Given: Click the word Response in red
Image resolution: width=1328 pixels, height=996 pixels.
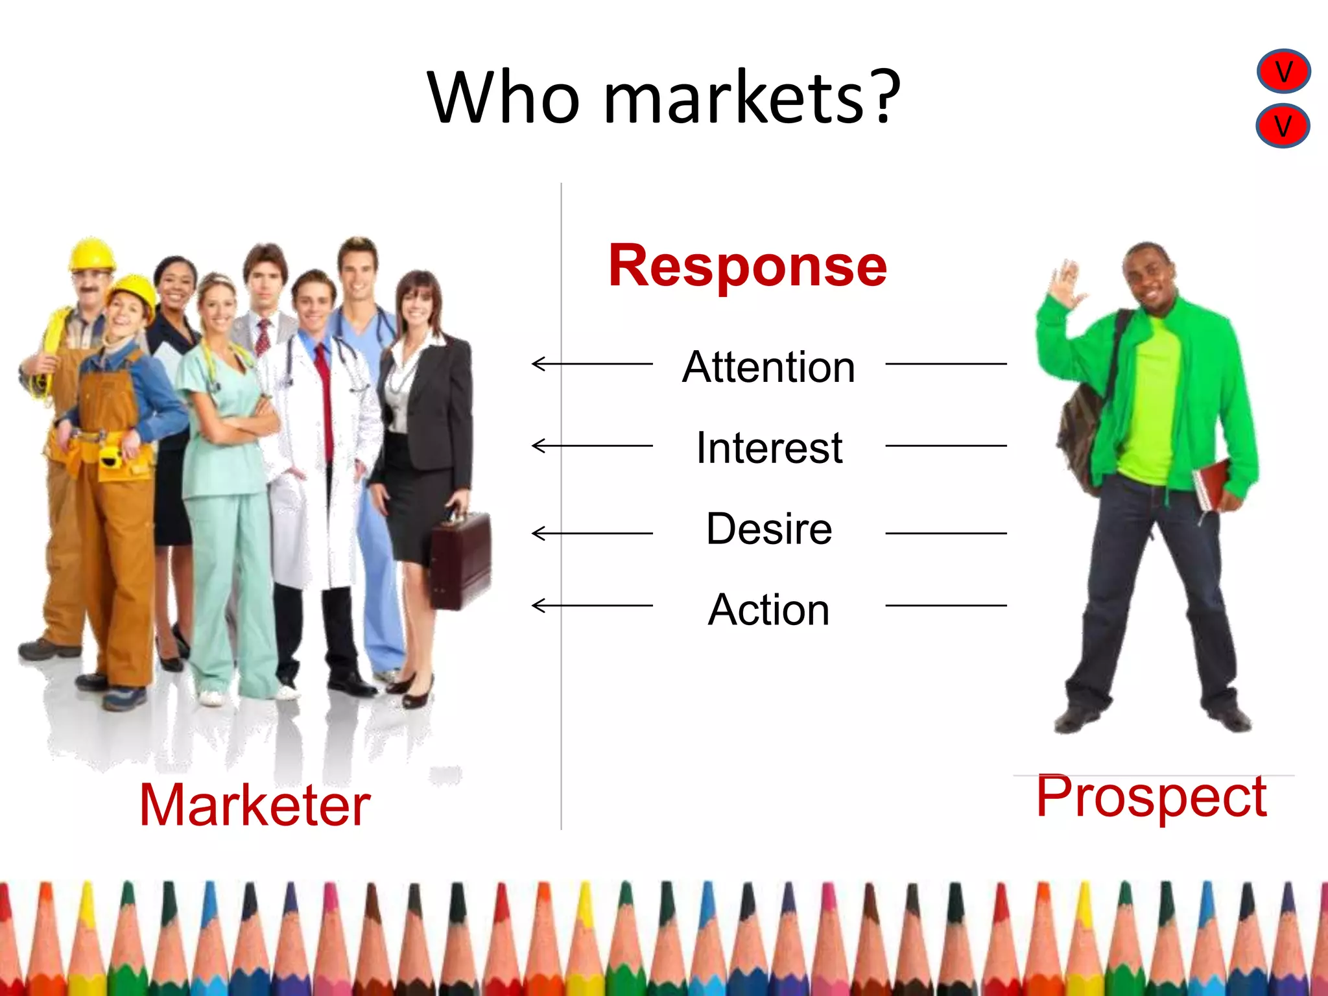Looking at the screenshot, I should [747, 266].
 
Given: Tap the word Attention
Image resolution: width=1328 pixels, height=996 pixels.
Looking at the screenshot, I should [768, 367].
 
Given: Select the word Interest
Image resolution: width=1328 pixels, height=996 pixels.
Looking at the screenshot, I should [769, 447].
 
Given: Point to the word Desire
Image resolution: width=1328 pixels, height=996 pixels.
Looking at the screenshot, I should [769, 528].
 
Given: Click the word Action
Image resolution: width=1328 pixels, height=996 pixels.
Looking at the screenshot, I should [769, 610].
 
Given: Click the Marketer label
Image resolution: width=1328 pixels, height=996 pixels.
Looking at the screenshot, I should [255, 805].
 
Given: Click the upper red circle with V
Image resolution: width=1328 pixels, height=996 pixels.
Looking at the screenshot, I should [1283, 71].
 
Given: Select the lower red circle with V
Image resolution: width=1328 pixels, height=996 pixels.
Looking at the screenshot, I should [1283, 126].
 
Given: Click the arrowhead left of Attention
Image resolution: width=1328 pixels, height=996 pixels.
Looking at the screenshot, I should [537, 364].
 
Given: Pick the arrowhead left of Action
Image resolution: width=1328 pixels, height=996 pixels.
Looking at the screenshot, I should [537, 606].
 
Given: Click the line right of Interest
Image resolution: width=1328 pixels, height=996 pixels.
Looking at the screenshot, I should [945, 446].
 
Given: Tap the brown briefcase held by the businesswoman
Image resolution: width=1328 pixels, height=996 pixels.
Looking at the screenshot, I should [460, 559].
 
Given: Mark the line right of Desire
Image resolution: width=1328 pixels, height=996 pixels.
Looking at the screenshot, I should [945, 533].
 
